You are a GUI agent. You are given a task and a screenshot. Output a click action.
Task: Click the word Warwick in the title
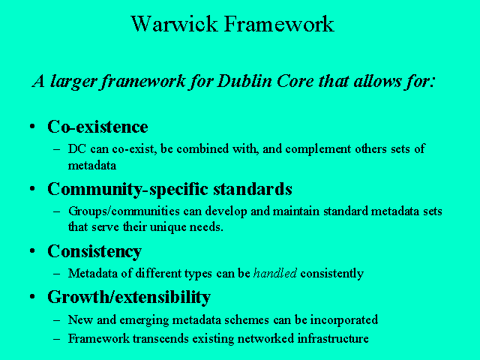174,23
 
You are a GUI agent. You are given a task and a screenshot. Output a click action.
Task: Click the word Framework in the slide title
279,23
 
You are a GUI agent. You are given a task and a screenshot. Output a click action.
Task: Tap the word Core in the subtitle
295,82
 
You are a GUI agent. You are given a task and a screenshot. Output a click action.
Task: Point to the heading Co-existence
97,127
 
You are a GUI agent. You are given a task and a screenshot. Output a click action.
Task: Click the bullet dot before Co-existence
32,126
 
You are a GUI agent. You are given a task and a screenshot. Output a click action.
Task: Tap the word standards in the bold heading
253,188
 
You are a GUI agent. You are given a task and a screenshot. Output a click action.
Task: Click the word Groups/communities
124,211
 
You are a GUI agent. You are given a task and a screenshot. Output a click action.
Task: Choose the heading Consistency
94,252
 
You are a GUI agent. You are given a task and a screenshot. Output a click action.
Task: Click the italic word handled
275,273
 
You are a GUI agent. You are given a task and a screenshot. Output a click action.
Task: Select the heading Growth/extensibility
129,297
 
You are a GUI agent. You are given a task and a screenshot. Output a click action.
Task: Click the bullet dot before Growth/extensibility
32,296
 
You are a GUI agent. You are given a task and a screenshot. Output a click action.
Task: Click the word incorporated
344,320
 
